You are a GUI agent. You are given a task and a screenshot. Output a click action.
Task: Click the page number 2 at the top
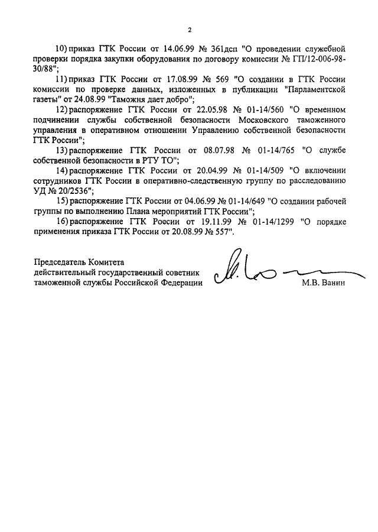(190, 30)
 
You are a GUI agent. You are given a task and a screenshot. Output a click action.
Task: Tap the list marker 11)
(61, 79)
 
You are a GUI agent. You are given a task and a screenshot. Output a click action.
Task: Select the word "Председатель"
(62, 261)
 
